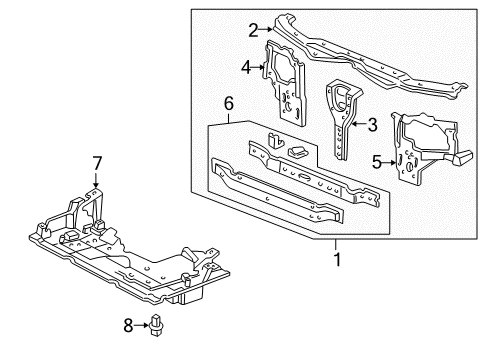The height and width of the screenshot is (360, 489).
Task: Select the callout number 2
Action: coord(254,29)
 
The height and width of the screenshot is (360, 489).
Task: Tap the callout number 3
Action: coord(372,125)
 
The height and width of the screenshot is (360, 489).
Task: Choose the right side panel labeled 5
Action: coord(425,150)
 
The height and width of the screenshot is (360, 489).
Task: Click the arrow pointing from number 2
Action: coord(267,29)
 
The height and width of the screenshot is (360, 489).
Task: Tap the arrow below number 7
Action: coord(97,180)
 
